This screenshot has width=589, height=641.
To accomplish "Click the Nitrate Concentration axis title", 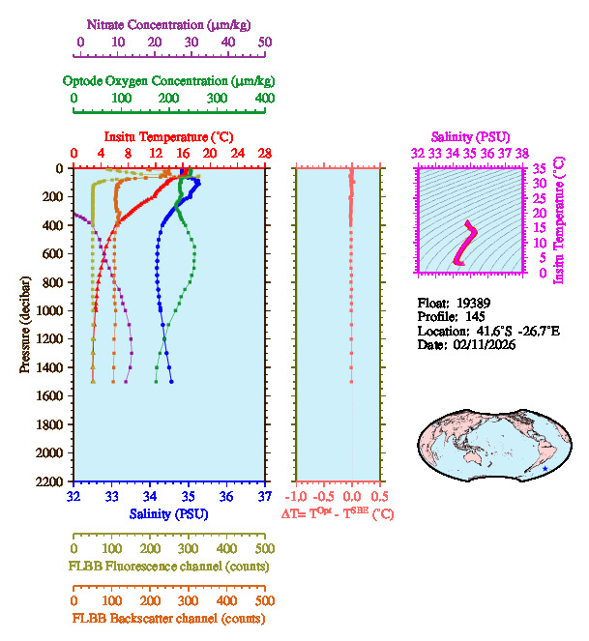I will coord(171,22).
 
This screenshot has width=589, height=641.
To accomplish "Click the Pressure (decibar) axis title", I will coord(24,324).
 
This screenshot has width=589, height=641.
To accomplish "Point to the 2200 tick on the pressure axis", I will coord(51,481).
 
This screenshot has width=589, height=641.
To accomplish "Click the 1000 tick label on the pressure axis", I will coord(51,310).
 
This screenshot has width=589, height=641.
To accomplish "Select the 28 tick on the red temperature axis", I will coord(265,153).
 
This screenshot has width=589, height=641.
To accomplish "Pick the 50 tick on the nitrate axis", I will coord(265,43).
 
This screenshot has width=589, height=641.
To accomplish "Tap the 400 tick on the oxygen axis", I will coord(265,99).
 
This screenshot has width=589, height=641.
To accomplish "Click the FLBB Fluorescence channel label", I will coord(168,566).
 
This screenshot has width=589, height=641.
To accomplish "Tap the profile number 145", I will coord(474,316).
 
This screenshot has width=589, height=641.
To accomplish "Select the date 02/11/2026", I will coord(481,344).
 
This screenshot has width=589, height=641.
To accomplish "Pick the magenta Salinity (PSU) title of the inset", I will coord(470,137).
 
